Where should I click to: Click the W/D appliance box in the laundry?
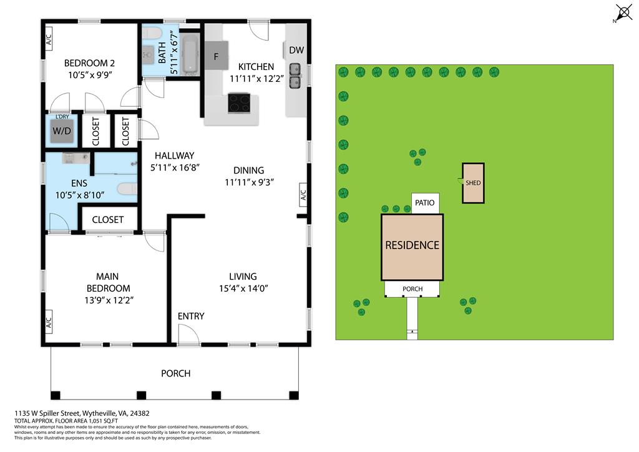tap(62, 131)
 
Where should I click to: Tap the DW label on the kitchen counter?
tap(296, 50)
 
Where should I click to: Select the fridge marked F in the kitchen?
tap(217, 56)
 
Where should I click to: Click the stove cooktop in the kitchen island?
tap(239, 102)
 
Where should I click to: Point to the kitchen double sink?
tap(296, 76)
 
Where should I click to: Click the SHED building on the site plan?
tap(473, 183)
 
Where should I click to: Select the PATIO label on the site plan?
tap(426, 203)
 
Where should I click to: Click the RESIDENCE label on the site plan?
tap(412, 245)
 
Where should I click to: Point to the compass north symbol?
tap(625, 12)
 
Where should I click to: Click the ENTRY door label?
tap(191, 316)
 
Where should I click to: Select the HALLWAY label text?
tap(175, 155)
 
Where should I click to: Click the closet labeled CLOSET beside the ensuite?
tap(107, 220)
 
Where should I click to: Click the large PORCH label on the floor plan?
tap(175, 373)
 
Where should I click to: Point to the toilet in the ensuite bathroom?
tap(127, 189)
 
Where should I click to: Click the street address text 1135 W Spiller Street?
tap(82, 413)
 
